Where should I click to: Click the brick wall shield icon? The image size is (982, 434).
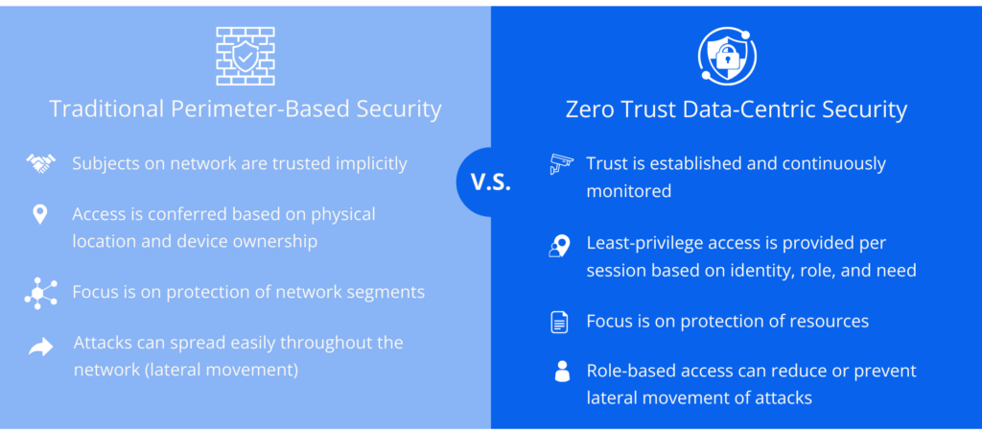(245, 55)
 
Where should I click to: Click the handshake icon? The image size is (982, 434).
(40, 164)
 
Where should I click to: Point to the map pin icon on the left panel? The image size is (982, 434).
(40, 214)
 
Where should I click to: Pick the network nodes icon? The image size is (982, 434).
(40, 292)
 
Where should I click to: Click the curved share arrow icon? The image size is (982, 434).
(40, 347)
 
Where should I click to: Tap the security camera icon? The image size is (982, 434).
(561, 164)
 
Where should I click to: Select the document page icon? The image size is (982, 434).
(560, 322)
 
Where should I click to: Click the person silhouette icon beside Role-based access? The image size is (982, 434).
(562, 372)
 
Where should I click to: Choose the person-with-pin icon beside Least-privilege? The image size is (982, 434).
(560, 247)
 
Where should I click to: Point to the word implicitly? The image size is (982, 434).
(369, 164)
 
